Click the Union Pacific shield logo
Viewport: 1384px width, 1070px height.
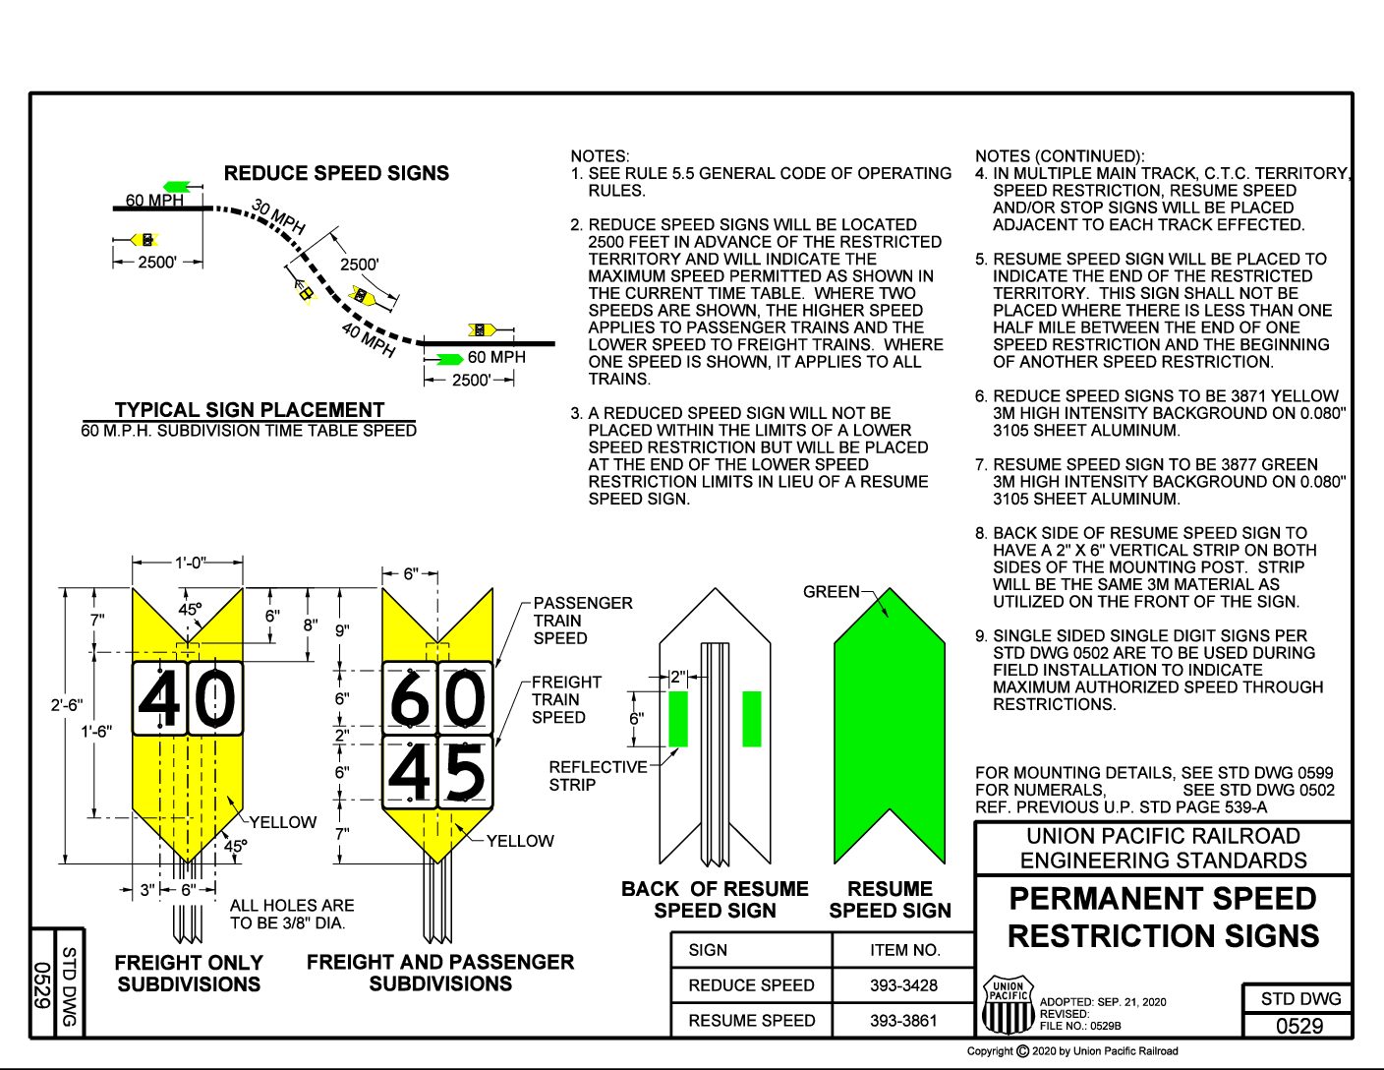tap(1008, 1005)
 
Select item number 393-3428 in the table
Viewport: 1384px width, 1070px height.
tap(903, 985)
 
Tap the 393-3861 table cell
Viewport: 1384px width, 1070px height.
tap(903, 1021)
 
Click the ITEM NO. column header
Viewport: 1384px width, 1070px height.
tap(904, 950)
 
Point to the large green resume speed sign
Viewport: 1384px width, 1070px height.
tap(889, 728)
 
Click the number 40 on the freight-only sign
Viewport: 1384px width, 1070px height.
tap(187, 699)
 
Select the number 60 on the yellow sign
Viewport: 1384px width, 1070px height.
tap(437, 699)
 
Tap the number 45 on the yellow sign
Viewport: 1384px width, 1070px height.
tap(437, 773)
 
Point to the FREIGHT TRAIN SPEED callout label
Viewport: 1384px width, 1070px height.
tap(566, 699)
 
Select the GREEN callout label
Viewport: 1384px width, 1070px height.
tap(831, 592)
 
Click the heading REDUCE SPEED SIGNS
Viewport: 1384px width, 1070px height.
tap(336, 173)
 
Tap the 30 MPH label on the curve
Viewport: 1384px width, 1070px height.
tap(278, 217)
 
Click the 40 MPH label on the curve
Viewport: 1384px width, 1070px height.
tap(369, 339)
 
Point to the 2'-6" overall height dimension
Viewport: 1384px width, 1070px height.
tap(66, 705)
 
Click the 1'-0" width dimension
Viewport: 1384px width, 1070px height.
tap(190, 563)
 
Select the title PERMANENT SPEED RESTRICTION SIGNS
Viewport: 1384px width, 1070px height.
tap(1163, 918)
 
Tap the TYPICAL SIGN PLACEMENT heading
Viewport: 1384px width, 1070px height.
tap(249, 410)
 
